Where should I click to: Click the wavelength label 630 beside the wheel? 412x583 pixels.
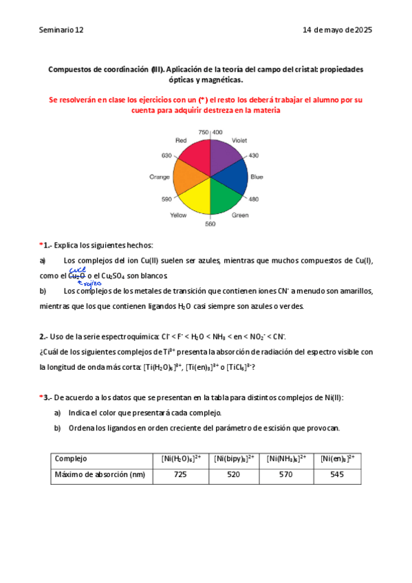[x=166, y=155]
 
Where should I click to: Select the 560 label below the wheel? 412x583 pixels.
[x=210, y=224]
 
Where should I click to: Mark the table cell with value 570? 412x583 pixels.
[x=288, y=474]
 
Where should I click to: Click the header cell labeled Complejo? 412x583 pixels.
[x=71, y=459]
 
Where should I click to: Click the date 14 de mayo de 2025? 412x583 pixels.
[x=337, y=30]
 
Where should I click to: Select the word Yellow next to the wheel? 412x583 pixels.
[x=178, y=215]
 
